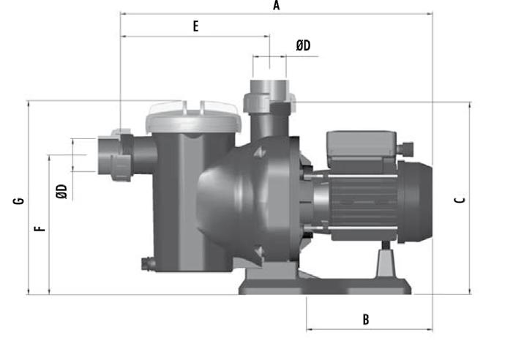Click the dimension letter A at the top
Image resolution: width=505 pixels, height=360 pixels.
[x=277, y=5]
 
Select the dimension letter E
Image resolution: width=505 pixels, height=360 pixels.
[x=196, y=26]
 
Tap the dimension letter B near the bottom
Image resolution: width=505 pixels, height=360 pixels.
[x=366, y=320]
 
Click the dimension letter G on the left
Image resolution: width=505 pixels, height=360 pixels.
[x=18, y=200]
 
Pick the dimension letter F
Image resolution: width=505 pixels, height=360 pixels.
[x=40, y=229]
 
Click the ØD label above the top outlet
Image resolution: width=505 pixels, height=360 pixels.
[x=303, y=45]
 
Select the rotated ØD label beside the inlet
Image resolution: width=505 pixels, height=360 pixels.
[x=61, y=191]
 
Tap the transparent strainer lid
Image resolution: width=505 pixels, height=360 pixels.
[x=193, y=117]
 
